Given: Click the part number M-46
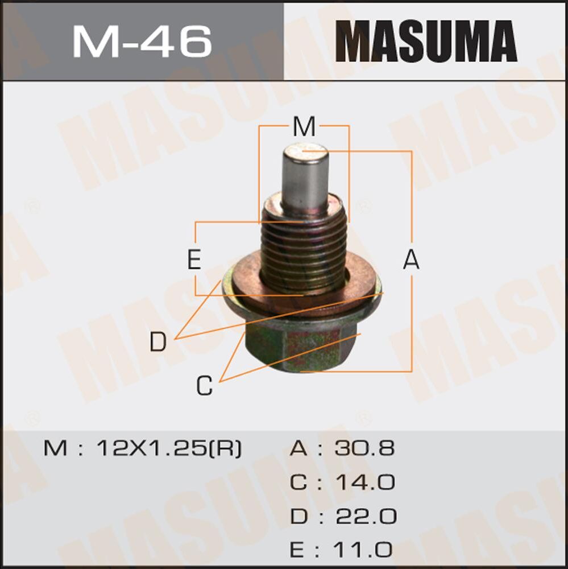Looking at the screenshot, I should (x=142, y=40).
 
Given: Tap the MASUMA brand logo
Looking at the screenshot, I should (x=426, y=41).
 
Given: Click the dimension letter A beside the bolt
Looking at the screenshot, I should (x=411, y=260).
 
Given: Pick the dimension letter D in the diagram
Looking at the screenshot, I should (x=157, y=342).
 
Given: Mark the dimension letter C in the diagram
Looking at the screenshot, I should (x=204, y=386).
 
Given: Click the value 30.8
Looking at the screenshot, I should (x=364, y=448).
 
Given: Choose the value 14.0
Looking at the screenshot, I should (x=364, y=483).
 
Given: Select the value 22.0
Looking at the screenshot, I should (x=364, y=517).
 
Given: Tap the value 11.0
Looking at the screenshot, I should (x=364, y=550).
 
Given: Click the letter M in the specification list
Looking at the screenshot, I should (x=56, y=448).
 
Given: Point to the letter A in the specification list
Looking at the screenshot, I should (x=299, y=448).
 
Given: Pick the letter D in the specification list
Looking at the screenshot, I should (x=299, y=517).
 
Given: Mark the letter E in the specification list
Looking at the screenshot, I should (x=299, y=550).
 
